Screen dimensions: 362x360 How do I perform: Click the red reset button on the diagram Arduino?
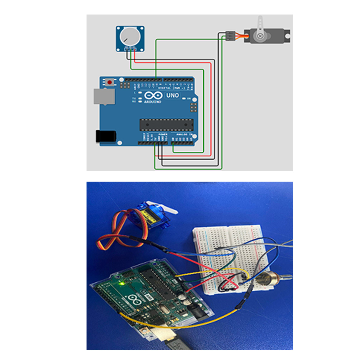(x=109, y=82)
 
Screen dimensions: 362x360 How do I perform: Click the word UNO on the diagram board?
(x=172, y=95)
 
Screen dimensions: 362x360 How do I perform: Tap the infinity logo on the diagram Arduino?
(x=153, y=95)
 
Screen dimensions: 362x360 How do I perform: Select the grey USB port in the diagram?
(x=104, y=97)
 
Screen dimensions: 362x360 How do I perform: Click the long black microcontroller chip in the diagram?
(x=167, y=124)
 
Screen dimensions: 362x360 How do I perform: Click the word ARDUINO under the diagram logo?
(x=153, y=102)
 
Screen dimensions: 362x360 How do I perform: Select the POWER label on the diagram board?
(x=163, y=134)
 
